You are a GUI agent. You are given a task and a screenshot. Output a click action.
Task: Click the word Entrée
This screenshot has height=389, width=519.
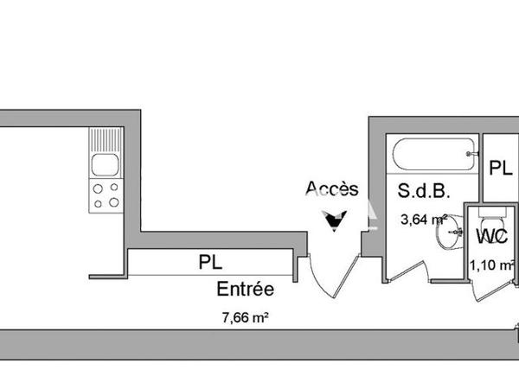(x=246, y=290)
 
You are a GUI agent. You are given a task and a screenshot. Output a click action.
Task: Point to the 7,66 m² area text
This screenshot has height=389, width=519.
(x=246, y=317)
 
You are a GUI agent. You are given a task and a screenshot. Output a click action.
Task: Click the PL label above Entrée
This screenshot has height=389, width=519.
(x=208, y=261)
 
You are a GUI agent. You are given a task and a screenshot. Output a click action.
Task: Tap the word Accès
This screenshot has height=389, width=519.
(x=332, y=189)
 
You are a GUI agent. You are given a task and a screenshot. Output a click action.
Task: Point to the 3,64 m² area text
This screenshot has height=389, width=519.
(x=423, y=220)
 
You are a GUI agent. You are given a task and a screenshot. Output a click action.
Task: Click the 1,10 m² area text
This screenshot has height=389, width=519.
(x=489, y=265)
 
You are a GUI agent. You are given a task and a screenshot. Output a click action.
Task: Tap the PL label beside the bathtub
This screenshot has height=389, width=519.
(x=500, y=169)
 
